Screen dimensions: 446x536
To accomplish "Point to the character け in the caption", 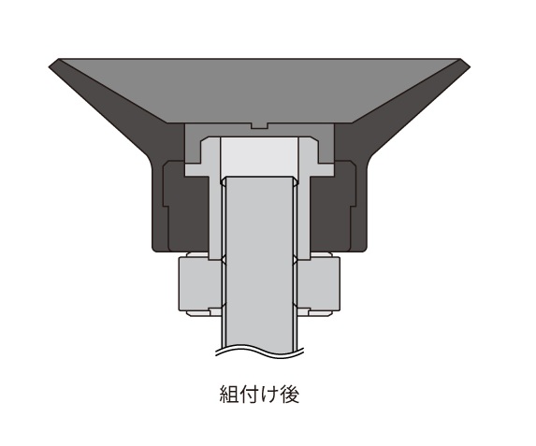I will coord(268,393).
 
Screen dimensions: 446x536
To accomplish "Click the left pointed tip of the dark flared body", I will coord(52,64).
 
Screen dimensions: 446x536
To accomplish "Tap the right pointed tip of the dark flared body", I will coord(465,64).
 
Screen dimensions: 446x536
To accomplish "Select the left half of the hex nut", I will coord(199,284).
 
